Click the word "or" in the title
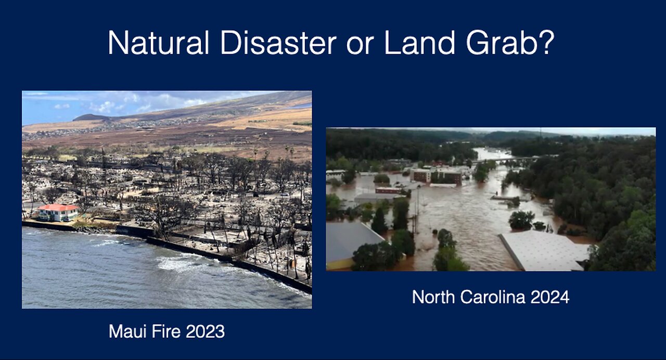(360, 43)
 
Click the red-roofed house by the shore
(58, 212)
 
